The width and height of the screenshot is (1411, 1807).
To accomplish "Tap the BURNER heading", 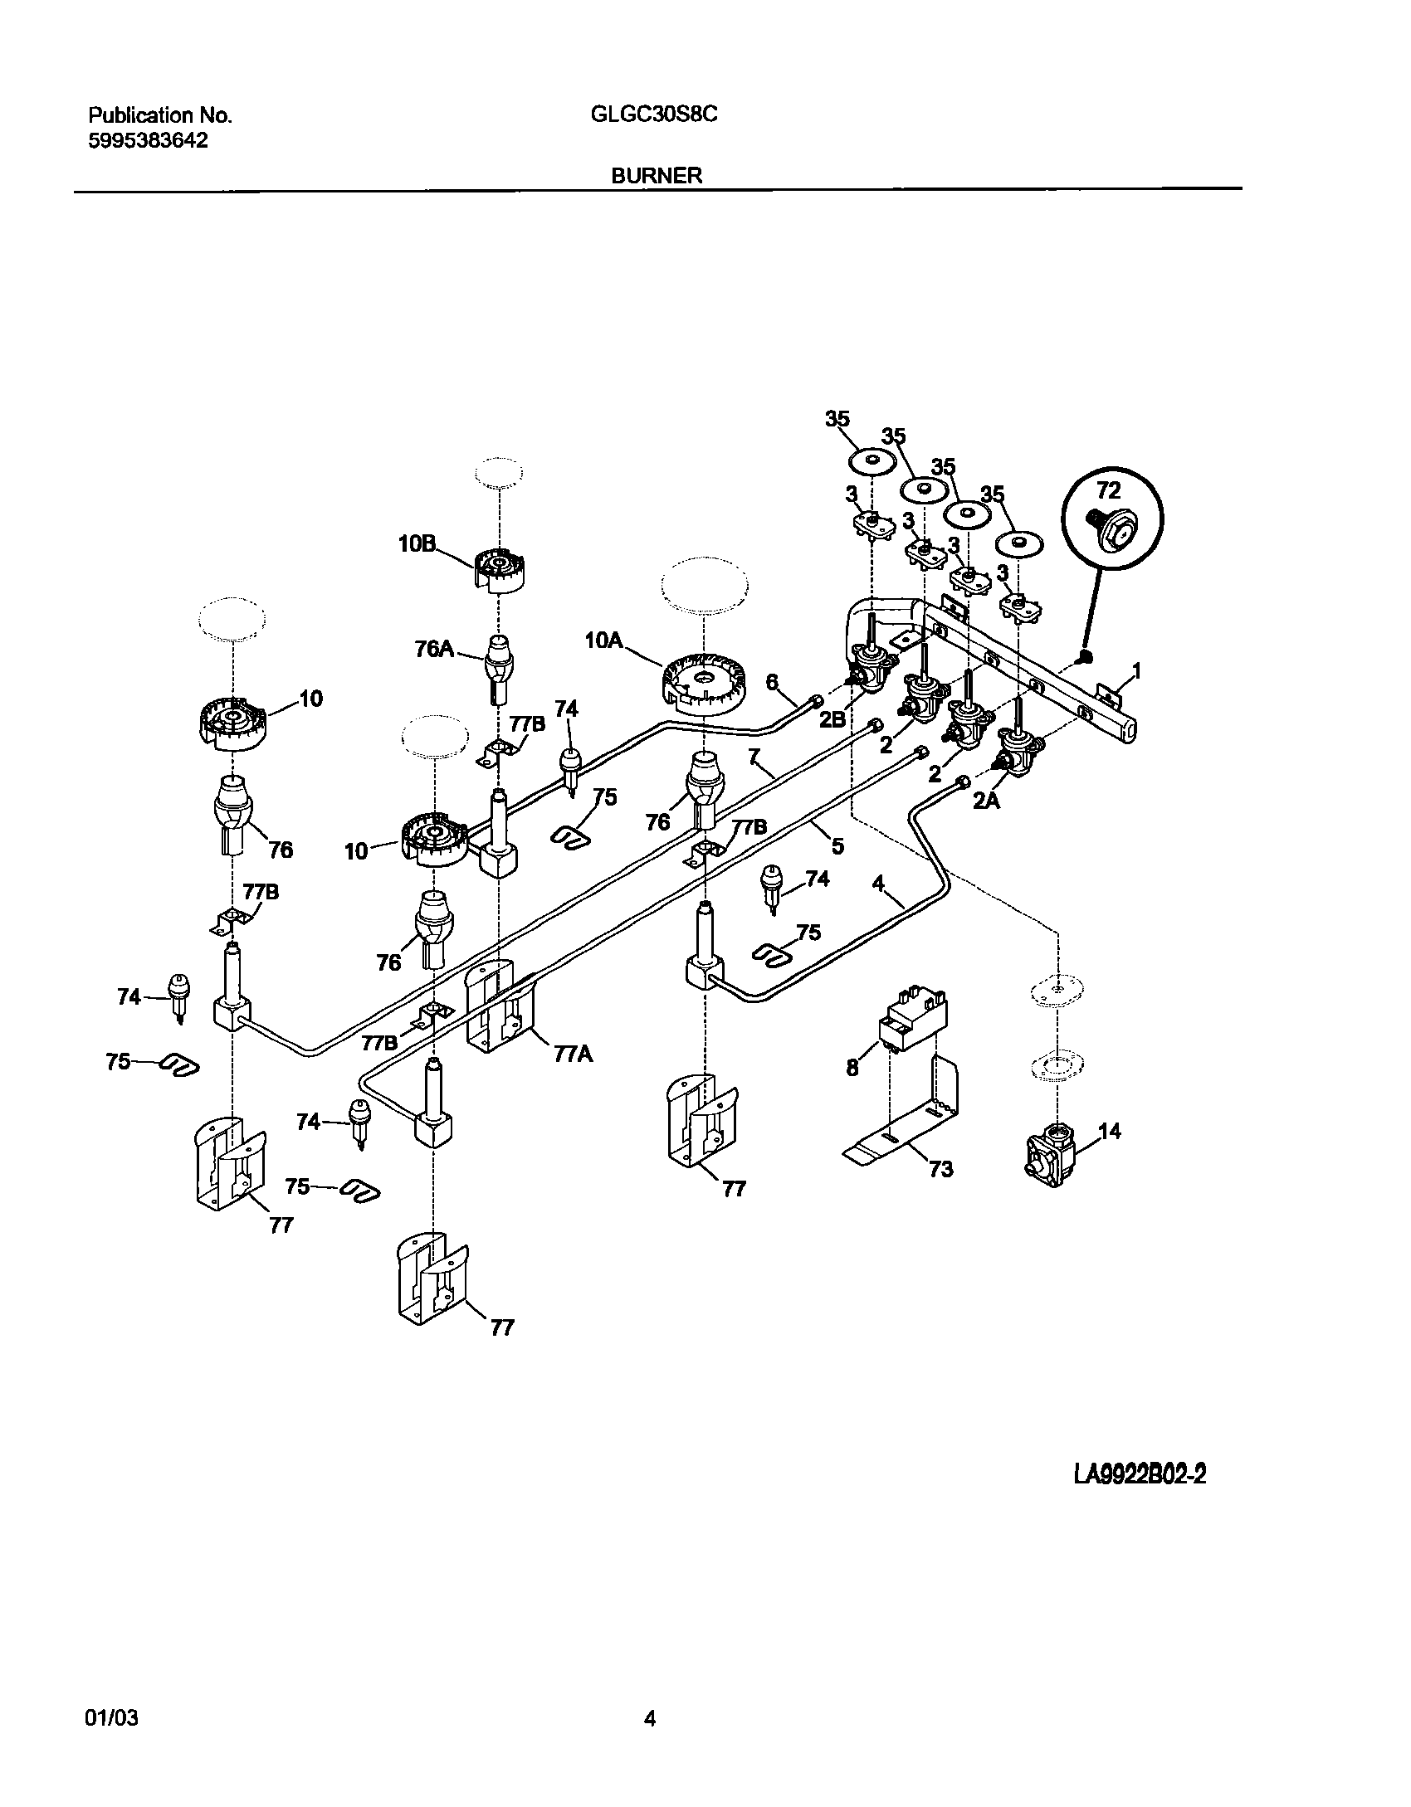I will (x=657, y=175).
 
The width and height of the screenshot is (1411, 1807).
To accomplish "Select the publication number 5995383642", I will (x=148, y=141).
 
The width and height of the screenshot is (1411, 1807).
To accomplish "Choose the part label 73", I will (x=940, y=1169).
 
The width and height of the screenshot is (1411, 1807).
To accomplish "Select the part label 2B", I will (x=832, y=719).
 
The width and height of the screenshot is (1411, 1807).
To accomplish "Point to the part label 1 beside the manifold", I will (x=1136, y=670).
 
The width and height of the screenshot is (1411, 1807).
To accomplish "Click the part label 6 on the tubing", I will (x=772, y=682).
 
